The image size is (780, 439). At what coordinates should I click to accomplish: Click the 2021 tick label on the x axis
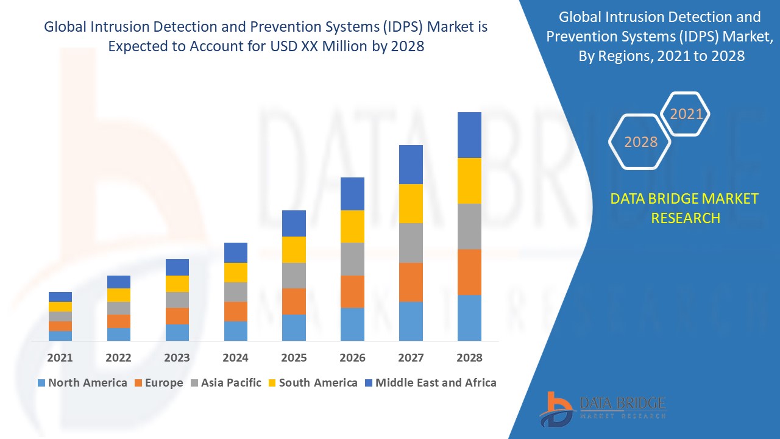60,357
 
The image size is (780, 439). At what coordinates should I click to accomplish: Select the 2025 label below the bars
294,357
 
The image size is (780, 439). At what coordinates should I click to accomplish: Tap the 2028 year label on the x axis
469,357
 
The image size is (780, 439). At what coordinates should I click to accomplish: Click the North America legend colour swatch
41,383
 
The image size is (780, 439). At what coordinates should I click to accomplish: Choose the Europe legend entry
157,383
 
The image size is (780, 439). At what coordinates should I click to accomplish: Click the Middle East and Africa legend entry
430,383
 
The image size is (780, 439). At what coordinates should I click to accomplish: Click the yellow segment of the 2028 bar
469,180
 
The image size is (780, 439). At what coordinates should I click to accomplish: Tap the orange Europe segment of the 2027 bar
411,282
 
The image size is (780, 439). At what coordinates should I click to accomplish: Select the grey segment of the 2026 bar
352,259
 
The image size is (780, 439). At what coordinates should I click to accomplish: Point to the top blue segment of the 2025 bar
294,223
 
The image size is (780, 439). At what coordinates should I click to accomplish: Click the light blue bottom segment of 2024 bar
235,330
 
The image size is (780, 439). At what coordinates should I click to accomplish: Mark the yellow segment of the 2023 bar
177,284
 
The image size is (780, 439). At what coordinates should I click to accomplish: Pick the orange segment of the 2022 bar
118,321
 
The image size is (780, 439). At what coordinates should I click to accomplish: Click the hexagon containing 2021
686,114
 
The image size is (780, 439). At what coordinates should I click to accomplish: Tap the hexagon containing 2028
640,141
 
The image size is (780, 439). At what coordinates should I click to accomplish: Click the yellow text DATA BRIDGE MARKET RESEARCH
685,208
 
